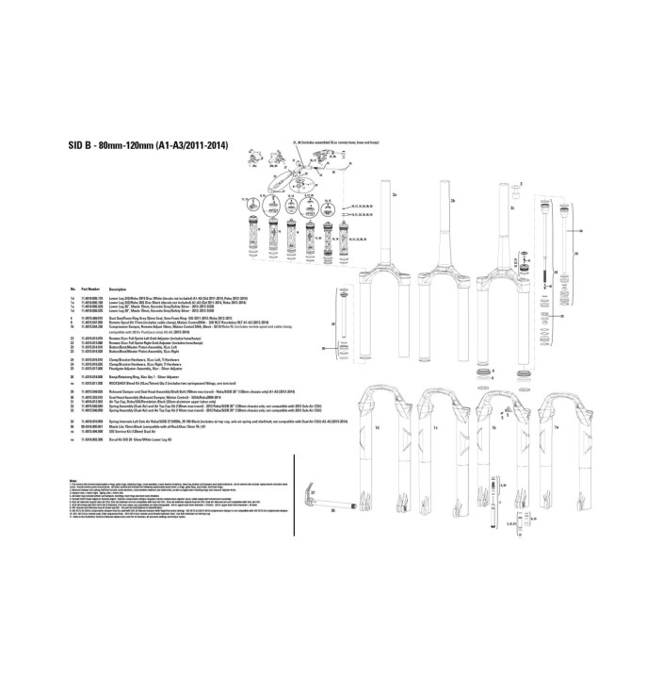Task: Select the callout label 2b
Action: [452, 201]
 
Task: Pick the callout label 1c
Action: [434, 426]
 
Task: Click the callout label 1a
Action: [557, 426]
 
